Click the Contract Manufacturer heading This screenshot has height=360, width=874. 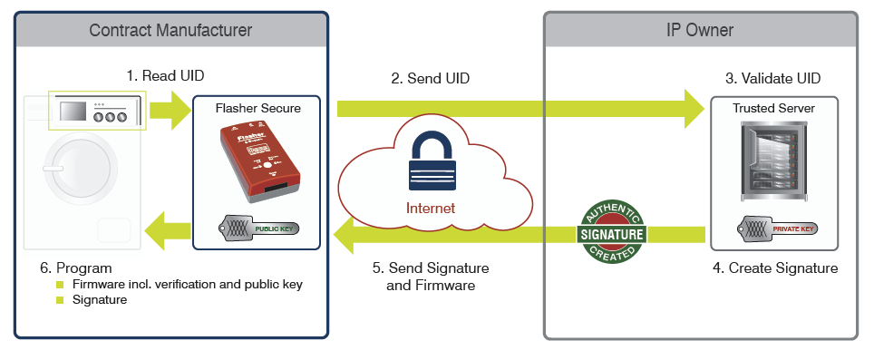click(x=170, y=30)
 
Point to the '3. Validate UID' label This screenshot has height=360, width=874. click(x=773, y=78)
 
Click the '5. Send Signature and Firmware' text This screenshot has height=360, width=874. click(x=432, y=277)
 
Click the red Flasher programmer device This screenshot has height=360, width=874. click(x=256, y=163)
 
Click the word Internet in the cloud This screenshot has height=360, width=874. click(x=431, y=208)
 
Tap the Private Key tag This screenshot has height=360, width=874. click(x=776, y=228)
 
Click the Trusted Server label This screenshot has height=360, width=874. click(x=773, y=108)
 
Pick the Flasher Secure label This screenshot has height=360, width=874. click(x=257, y=109)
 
